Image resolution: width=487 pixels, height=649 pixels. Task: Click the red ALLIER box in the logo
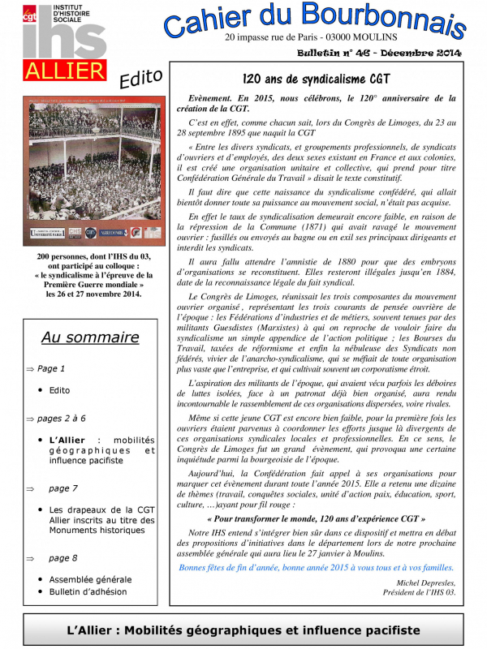pos(65,71)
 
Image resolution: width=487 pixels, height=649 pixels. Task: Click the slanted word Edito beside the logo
pos(140,80)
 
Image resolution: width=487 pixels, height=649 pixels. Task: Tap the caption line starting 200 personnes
pos(94,256)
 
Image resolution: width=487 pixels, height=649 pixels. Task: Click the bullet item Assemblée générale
pos(90,579)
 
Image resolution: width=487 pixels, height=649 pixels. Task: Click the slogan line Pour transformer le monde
pos(317,518)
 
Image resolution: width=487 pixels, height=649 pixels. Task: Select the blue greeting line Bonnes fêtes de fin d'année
pos(317,568)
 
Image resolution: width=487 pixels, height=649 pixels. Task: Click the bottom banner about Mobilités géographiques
pos(243,630)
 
